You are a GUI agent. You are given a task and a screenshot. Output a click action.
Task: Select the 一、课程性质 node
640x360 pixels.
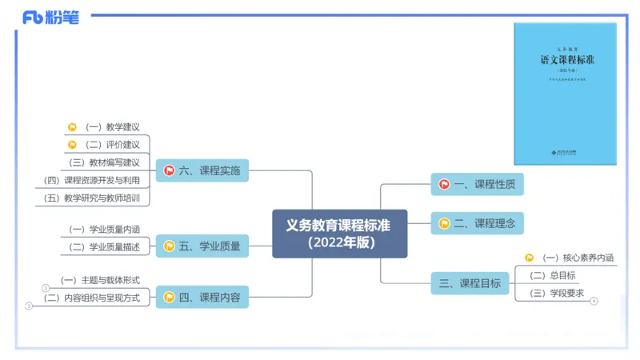click(x=478, y=185)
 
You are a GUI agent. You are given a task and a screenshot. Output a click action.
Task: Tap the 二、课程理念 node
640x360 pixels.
click(x=478, y=223)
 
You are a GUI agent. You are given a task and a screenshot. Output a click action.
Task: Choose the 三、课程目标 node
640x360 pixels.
click(x=470, y=282)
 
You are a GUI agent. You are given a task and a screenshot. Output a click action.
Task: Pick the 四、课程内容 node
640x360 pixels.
click(x=202, y=298)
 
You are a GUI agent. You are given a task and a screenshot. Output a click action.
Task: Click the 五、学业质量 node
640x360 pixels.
click(x=202, y=246)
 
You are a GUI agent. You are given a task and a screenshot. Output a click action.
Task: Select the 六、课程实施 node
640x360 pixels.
click(x=202, y=170)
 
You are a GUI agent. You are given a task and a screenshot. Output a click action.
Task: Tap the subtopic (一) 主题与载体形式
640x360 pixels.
click(x=100, y=280)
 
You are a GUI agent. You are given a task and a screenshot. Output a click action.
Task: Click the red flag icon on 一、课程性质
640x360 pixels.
click(x=444, y=185)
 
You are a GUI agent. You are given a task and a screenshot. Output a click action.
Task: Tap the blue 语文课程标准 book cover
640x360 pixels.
click(x=565, y=94)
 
